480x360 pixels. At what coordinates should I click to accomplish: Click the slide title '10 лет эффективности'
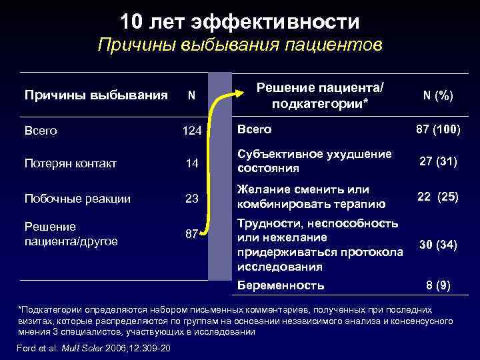pyautogui.click(x=239, y=22)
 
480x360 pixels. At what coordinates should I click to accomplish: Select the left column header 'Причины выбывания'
pyautogui.click(x=96, y=95)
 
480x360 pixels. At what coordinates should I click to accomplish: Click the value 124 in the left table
pyautogui.click(x=191, y=131)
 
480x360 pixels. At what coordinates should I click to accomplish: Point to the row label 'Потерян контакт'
pyautogui.click(x=71, y=163)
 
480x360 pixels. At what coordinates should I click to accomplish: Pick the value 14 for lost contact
pyautogui.click(x=191, y=163)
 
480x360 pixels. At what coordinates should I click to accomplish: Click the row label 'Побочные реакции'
pyautogui.click(x=77, y=198)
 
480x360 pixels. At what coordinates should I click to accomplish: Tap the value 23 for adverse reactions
pyautogui.click(x=191, y=198)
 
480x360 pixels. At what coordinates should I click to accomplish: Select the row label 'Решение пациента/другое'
pyautogui.click(x=71, y=233)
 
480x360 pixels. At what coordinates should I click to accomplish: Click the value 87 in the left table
pyautogui.click(x=191, y=233)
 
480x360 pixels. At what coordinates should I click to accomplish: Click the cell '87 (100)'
pyautogui.click(x=437, y=127)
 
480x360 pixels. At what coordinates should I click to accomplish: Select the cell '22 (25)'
pyautogui.click(x=437, y=197)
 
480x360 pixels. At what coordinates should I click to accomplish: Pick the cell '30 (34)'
pyautogui.click(x=437, y=245)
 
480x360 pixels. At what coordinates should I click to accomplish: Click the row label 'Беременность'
pyautogui.click(x=281, y=285)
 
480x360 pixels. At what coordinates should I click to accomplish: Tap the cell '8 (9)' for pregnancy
pyautogui.click(x=438, y=285)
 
